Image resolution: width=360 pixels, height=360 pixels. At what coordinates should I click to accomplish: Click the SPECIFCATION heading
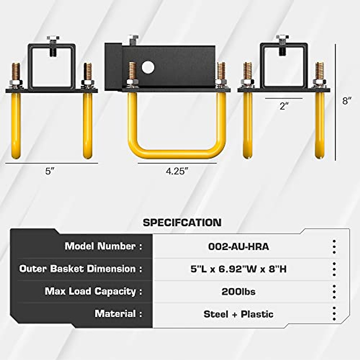coord(182,222)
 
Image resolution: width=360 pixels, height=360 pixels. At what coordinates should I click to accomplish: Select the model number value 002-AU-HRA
coord(238,247)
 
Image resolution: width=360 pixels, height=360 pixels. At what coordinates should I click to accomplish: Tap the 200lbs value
coord(238,291)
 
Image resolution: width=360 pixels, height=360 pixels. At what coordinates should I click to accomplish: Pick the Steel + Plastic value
coord(238,314)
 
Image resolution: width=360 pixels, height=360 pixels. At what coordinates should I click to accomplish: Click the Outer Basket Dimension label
coord(80,269)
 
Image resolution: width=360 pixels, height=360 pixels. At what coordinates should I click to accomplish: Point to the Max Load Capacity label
coord(93,291)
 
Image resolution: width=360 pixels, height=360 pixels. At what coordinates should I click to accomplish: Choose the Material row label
coord(118,313)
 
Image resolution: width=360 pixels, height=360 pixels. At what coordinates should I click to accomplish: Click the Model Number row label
coord(103,246)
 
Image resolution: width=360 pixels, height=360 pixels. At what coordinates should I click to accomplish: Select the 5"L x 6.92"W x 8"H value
coord(238,269)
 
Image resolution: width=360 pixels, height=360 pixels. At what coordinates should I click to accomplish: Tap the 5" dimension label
coord(50,171)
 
